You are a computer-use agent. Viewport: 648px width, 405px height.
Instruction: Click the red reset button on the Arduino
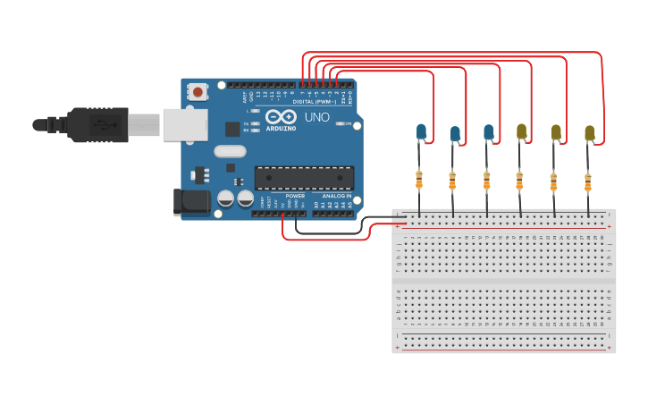tap(197, 91)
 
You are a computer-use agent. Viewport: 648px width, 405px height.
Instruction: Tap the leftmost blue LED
tap(421, 132)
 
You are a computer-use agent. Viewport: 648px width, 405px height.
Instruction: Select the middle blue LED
tap(455, 134)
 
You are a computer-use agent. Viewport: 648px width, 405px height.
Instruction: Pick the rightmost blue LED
tap(488, 132)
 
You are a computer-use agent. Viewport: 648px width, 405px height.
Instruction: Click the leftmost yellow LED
tap(521, 132)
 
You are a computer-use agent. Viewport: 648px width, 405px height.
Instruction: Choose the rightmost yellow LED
tap(589, 133)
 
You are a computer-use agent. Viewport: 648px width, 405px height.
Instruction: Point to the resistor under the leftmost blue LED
tap(418, 180)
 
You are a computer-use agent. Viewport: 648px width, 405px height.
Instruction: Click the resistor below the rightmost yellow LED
tap(587, 182)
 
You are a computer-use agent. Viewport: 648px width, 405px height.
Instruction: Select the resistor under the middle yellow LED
tap(553, 182)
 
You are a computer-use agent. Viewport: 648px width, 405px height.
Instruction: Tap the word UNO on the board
tap(317, 117)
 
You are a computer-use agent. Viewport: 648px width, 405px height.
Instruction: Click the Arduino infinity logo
tap(280, 117)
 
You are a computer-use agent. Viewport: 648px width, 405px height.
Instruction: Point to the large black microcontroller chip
tap(304, 178)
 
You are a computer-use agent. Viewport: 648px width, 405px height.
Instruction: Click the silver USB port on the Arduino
tap(185, 125)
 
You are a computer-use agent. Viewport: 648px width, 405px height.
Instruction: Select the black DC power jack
tap(191, 202)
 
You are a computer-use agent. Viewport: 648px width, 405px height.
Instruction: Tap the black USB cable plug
tap(98, 125)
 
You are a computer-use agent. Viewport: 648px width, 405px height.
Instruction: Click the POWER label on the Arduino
tap(295, 196)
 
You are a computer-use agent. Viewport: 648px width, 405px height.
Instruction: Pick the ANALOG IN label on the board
tap(336, 196)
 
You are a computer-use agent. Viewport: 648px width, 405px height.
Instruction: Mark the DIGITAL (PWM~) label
tap(314, 102)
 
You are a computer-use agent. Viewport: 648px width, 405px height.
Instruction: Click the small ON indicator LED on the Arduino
tap(340, 123)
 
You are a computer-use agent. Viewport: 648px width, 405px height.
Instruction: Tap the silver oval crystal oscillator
tap(230, 152)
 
